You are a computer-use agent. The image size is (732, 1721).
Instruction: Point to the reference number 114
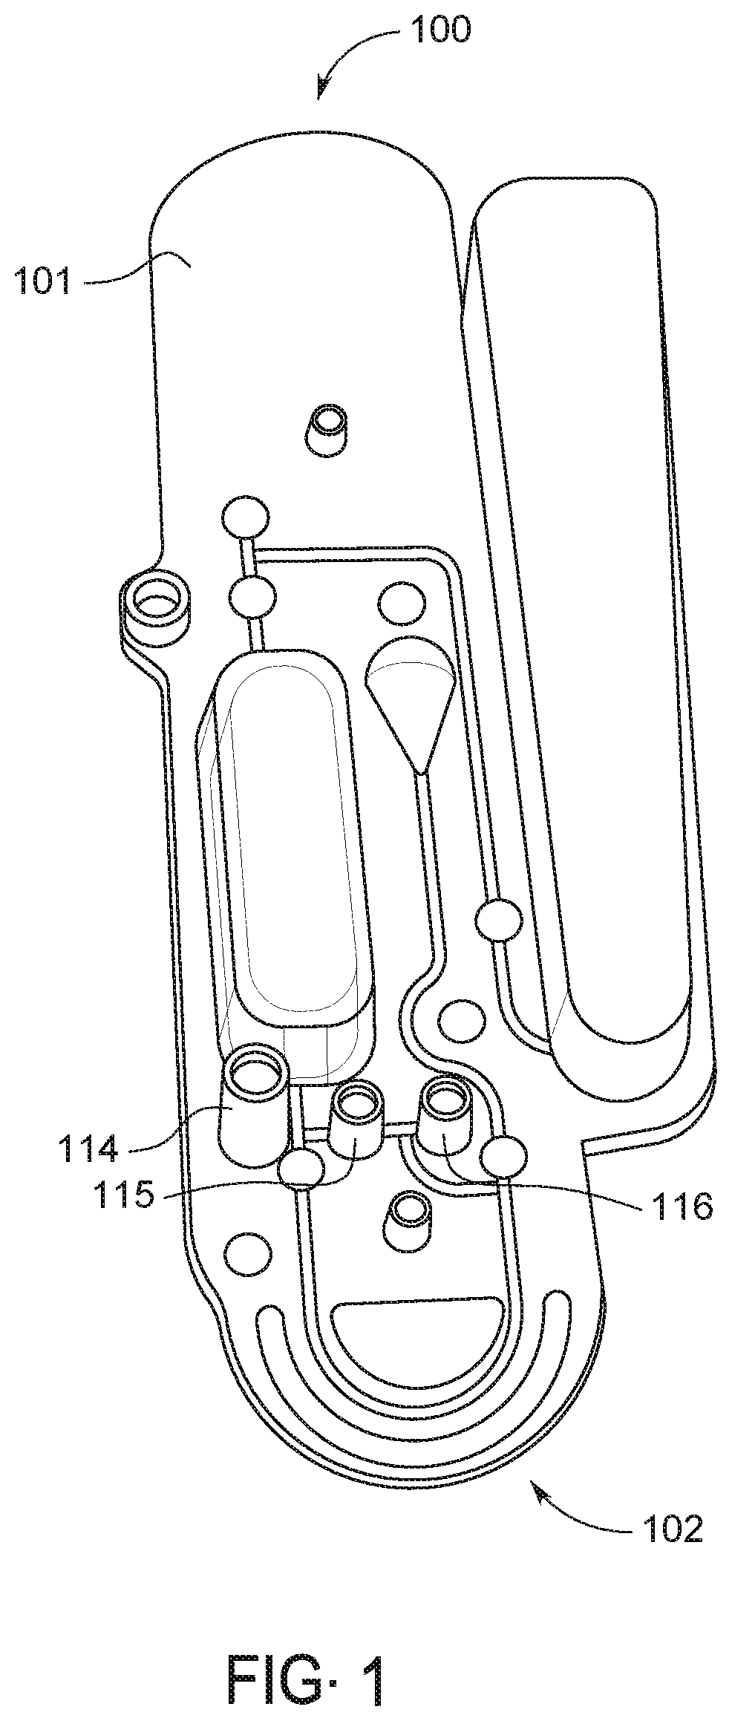[88, 1149]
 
